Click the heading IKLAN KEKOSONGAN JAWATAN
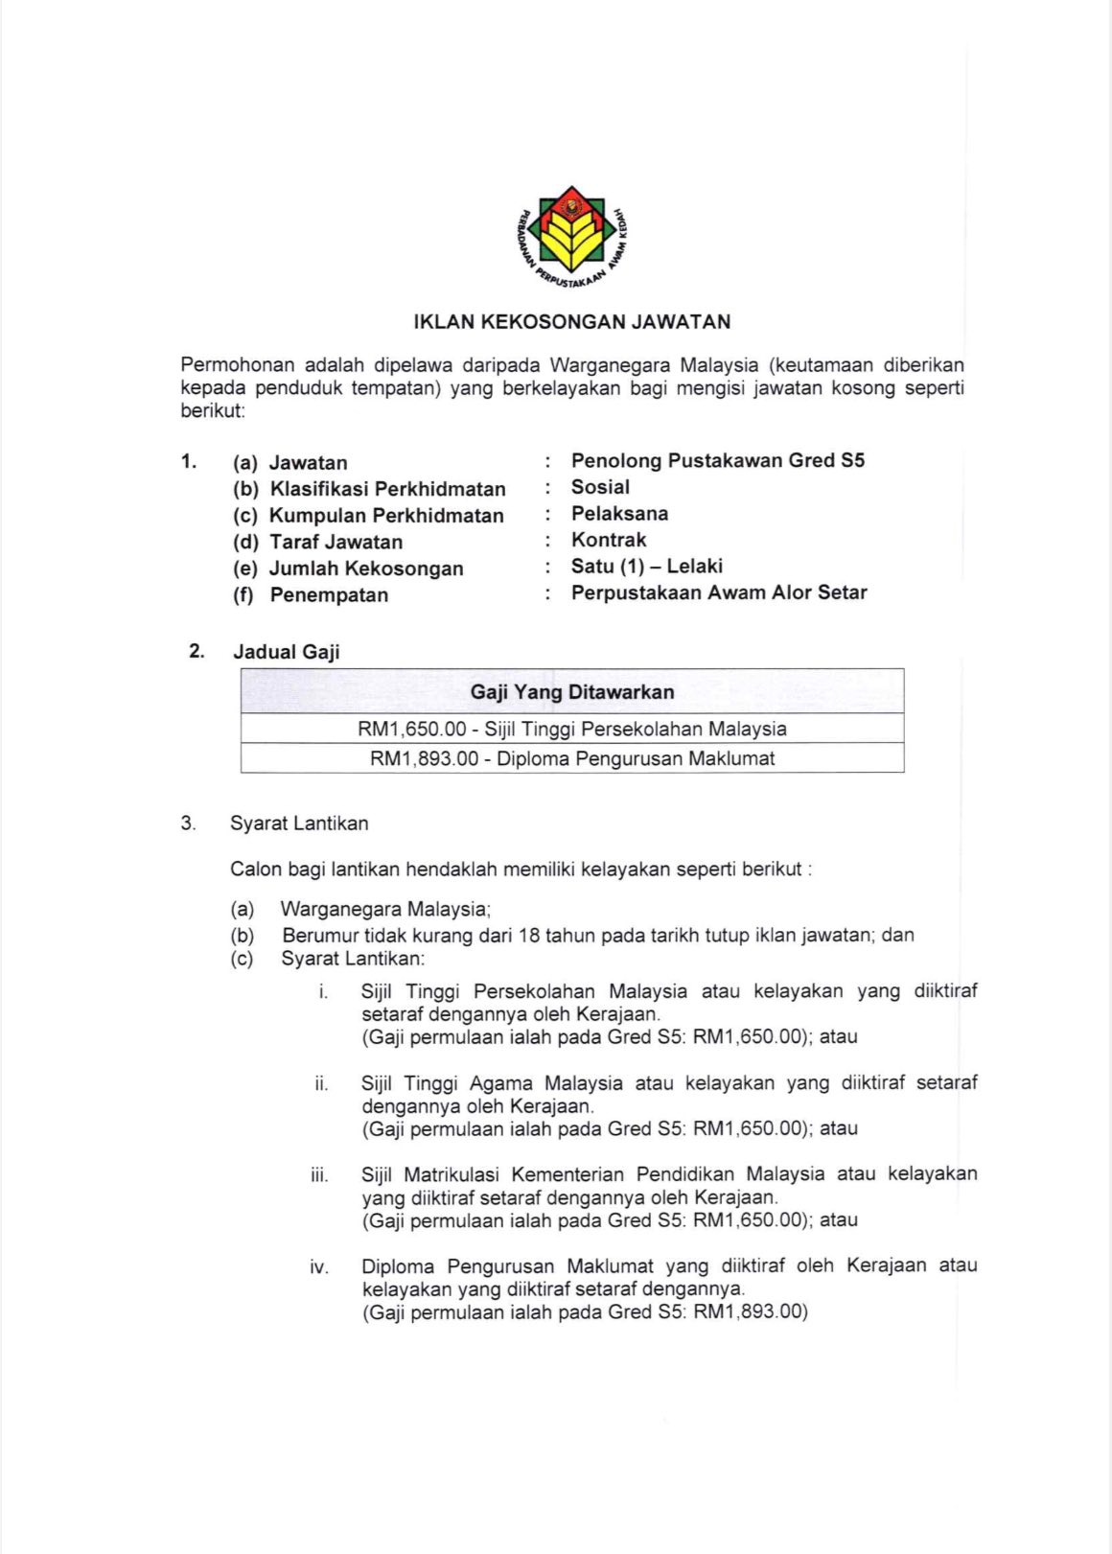click(572, 322)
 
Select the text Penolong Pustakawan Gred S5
click(717, 461)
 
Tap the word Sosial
click(600, 487)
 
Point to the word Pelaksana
click(619, 514)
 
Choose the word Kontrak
click(609, 540)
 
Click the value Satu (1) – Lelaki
click(646, 567)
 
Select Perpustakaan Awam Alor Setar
click(719, 592)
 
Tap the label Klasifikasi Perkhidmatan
click(387, 489)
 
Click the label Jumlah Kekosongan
click(366, 568)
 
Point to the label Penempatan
click(329, 595)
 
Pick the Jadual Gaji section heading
click(287, 652)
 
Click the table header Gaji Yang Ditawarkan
click(572, 692)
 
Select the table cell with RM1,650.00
click(572, 730)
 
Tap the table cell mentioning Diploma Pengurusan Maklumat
click(572, 759)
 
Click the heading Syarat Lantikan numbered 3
click(299, 823)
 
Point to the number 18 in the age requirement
click(528, 936)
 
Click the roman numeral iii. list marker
click(319, 1175)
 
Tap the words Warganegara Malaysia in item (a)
click(385, 909)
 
